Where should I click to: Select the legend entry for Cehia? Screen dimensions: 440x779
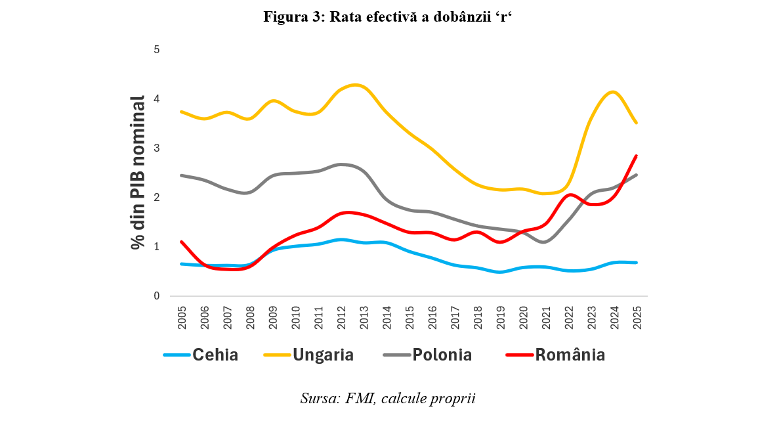[201, 355]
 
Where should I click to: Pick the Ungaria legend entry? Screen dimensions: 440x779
[308, 355]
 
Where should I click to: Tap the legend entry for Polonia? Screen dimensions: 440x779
[427, 355]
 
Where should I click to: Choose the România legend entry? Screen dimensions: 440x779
[556, 355]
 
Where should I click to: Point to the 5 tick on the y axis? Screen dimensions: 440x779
[156, 50]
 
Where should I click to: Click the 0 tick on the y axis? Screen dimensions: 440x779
[156, 296]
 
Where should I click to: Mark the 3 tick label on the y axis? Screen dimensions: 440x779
[156, 148]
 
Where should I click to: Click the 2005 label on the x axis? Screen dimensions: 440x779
[182, 315]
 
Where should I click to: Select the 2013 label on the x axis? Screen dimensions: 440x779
[363, 315]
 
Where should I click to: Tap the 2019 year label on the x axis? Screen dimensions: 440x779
[499, 315]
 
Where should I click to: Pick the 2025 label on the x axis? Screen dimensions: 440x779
[636, 315]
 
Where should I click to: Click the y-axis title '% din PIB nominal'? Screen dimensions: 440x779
[137, 173]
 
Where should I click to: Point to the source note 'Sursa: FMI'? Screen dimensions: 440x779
[387, 399]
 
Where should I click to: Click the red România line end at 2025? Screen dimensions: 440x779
[636, 156]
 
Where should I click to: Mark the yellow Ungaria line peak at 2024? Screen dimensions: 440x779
[613, 92]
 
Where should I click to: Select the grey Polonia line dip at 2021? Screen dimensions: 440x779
[545, 242]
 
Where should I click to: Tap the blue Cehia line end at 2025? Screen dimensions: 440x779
[636, 263]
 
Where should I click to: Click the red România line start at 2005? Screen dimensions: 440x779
[182, 242]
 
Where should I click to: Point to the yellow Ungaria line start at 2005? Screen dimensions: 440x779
[182, 112]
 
